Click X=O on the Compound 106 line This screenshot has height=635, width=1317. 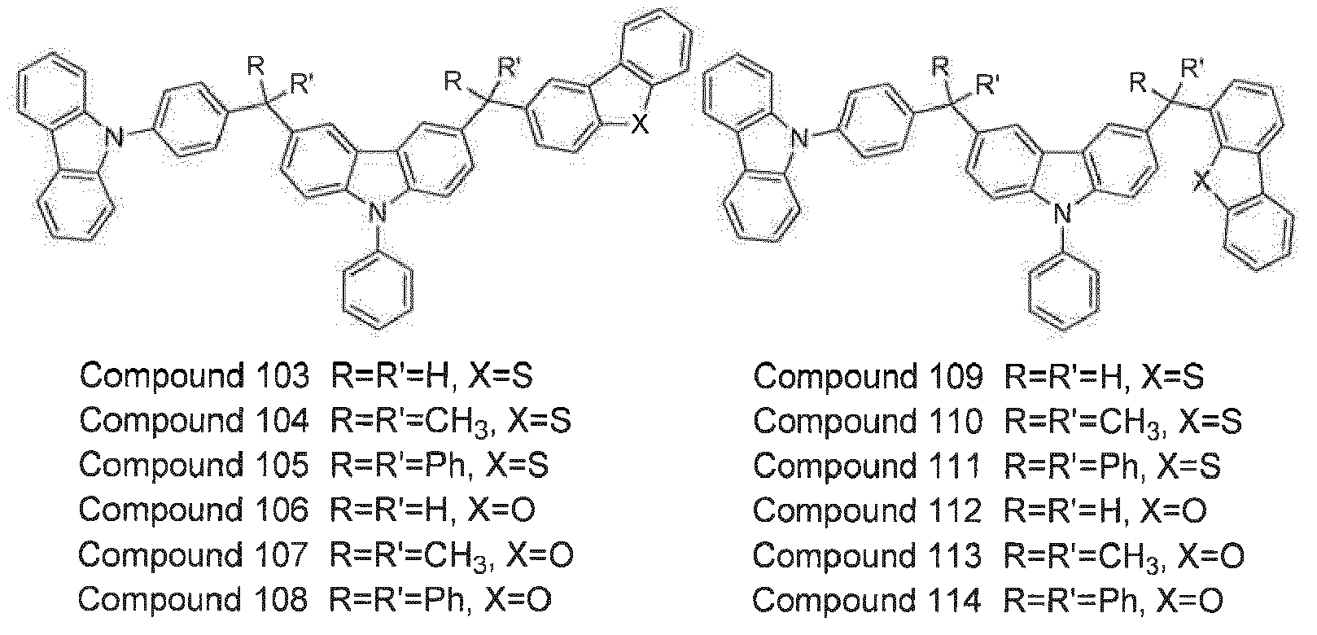point(501,510)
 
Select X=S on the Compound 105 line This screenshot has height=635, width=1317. point(517,465)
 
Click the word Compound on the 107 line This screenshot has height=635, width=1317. point(160,555)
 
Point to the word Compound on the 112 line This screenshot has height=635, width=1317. point(834,510)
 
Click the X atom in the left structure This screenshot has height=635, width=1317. point(641,124)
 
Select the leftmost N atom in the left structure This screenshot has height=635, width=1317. point(117,139)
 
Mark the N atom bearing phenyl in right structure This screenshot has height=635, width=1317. point(1062,213)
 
